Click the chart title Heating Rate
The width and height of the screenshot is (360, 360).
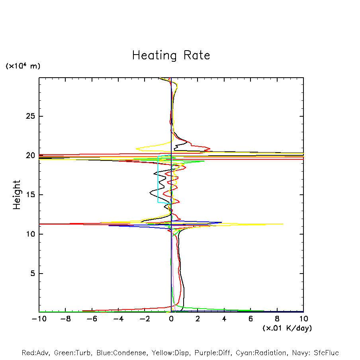tap(171, 55)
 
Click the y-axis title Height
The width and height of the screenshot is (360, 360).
tap(17, 195)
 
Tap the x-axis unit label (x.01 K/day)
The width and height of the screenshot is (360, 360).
tap(287, 328)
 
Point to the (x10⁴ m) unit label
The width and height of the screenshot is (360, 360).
tap(23, 66)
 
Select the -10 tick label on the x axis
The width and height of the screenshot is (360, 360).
tap(39, 319)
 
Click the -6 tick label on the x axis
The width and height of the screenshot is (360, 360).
tap(92, 319)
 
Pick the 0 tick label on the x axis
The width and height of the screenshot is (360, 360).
tap(171, 319)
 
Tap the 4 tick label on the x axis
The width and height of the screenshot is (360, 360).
tap(224, 319)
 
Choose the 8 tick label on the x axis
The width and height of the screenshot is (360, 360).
tap(277, 319)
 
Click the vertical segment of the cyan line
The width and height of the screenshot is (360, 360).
tap(158, 179)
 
